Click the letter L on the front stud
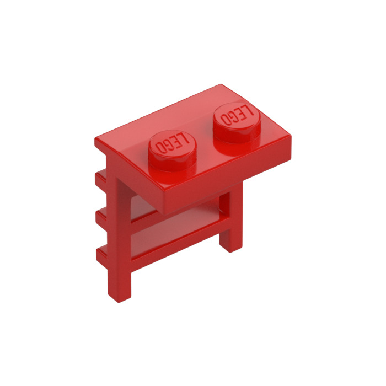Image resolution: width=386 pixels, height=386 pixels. pos(185,140)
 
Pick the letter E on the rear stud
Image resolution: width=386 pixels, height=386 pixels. pos(242,113)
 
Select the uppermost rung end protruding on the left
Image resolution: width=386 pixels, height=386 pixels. pos(101,178)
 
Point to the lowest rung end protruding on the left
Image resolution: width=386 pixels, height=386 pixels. pos(102,254)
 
